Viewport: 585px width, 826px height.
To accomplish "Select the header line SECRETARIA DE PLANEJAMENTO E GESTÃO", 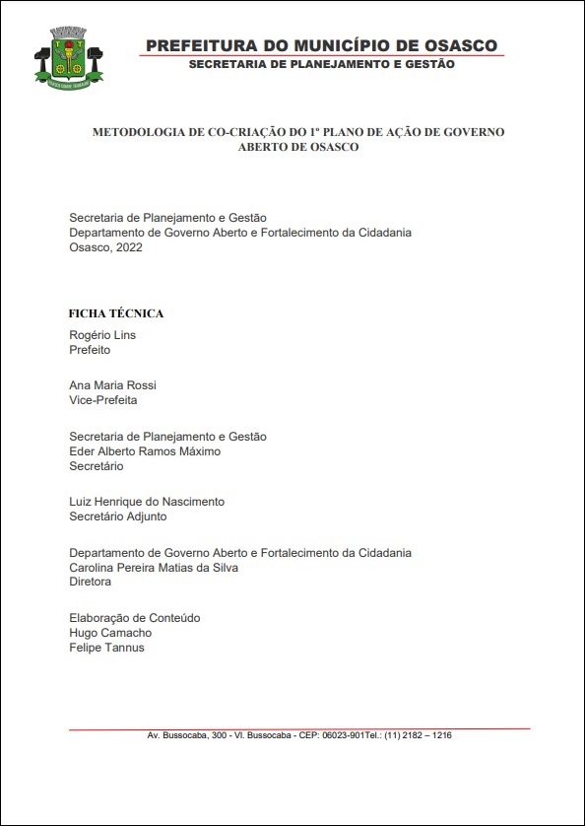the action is [x=321, y=64].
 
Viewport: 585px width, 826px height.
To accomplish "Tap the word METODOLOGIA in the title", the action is [x=136, y=131].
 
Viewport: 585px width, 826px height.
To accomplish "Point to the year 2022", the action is [x=127, y=247].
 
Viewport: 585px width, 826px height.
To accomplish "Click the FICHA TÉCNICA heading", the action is [x=116, y=313].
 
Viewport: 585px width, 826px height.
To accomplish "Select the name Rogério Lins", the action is [x=102, y=335].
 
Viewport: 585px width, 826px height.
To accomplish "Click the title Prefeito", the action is [x=90, y=350].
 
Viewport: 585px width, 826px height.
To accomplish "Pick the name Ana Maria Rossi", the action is [x=112, y=385].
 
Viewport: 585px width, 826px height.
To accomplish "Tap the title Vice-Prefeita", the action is [x=103, y=400].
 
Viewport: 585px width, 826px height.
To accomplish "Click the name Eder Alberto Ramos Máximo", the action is [x=145, y=451].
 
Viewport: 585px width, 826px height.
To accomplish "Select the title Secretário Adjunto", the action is [x=118, y=516].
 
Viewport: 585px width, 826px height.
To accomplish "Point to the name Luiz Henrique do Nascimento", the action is [x=147, y=502].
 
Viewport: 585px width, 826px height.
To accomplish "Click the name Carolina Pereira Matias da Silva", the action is [x=154, y=568].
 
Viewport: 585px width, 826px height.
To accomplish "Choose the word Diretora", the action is [x=91, y=583].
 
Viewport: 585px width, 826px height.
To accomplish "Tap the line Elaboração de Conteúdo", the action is [x=135, y=618].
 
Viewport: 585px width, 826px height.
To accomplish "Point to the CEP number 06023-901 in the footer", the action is [x=344, y=736].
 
